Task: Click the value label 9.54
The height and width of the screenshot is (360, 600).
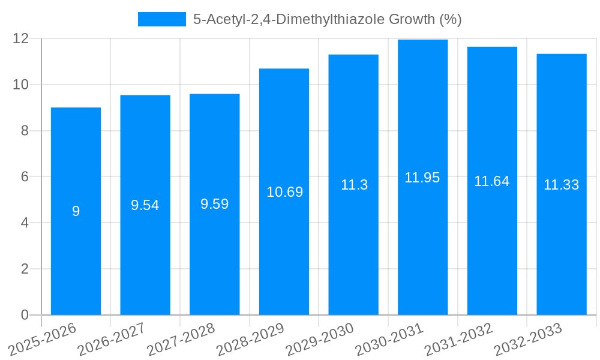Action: [145, 205]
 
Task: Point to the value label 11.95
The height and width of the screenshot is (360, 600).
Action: [422, 178]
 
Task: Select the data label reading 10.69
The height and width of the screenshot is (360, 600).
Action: [284, 192]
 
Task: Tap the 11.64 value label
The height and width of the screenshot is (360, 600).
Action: [492, 181]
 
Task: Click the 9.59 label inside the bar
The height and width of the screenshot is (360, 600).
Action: [215, 204]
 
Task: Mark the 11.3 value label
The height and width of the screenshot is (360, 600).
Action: [354, 185]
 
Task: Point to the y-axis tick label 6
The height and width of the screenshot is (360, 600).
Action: [25, 177]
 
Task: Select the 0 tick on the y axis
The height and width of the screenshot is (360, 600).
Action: [25, 315]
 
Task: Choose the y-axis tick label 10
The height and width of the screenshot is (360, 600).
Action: [21, 85]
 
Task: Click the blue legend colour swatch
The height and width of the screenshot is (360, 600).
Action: [162, 19]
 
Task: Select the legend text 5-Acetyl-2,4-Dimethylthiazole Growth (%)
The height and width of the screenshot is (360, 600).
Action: [327, 19]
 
